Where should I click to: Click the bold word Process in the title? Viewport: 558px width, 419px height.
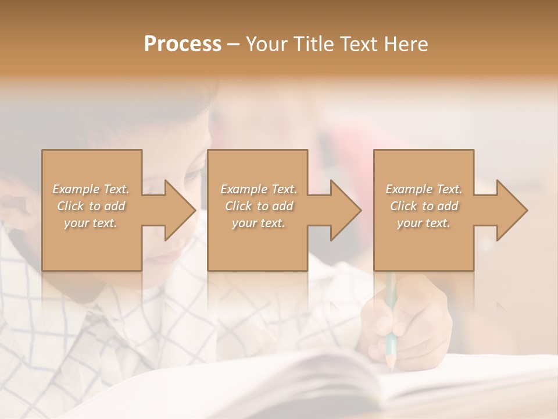[x=183, y=44]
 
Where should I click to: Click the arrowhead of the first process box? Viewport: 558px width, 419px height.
[x=181, y=210]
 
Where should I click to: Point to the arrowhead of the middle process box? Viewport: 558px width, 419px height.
[x=346, y=210]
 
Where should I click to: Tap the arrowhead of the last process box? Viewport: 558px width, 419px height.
[x=513, y=210]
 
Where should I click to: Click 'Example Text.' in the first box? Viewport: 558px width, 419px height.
[x=91, y=189]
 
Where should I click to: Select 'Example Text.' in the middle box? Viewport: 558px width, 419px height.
[x=259, y=189]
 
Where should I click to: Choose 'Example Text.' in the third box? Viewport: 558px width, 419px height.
[x=424, y=189]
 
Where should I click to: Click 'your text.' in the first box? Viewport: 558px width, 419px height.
[x=91, y=223]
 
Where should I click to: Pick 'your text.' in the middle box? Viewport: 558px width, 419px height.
[x=259, y=223]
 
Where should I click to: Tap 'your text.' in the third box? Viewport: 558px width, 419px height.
[x=424, y=223]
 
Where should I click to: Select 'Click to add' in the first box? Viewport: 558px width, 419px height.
[x=91, y=206]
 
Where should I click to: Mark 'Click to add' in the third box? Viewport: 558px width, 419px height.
[x=424, y=206]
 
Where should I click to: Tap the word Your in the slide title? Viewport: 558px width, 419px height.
[x=264, y=44]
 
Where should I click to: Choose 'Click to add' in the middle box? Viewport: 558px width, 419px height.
[x=259, y=206]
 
